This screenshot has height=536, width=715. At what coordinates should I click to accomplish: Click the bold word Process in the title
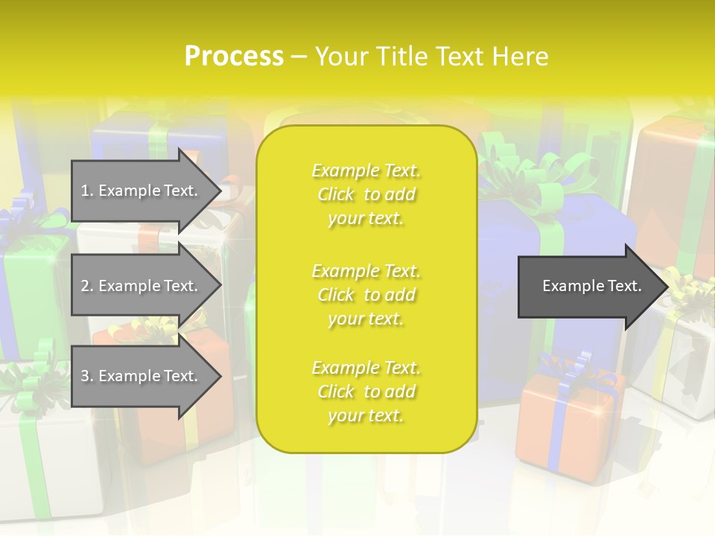[234, 57]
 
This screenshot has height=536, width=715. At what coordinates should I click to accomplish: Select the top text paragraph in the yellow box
[366, 194]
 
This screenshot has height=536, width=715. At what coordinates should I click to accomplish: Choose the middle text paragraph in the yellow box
[366, 295]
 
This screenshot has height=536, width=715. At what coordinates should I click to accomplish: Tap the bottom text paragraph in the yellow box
[366, 392]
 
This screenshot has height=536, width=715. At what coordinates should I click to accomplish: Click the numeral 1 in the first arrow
[85, 191]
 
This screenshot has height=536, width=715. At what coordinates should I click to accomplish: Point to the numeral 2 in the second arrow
[85, 286]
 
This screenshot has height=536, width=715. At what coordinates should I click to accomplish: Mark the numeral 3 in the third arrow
[85, 376]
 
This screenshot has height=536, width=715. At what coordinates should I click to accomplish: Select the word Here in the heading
[522, 57]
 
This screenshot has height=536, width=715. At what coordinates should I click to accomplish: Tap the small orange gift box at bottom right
[570, 424]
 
